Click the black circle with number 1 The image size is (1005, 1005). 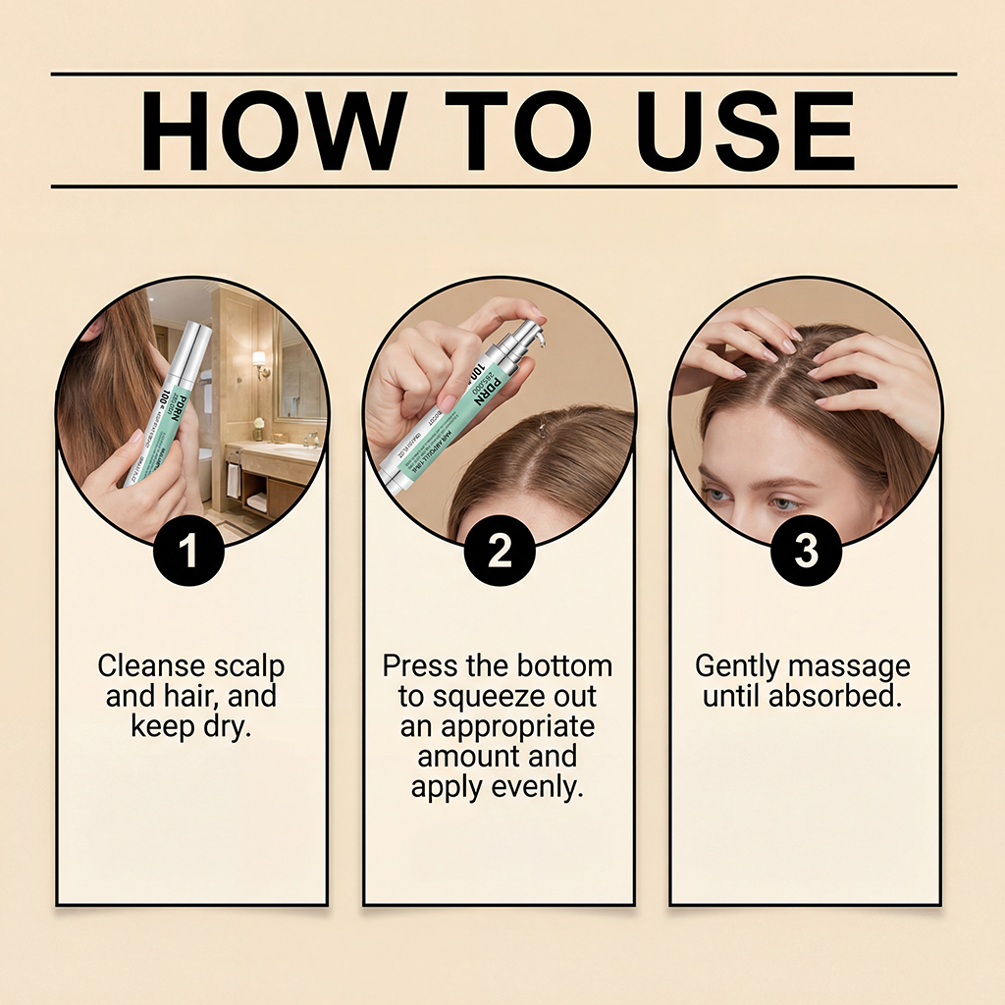189,552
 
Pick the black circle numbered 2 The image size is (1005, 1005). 500,552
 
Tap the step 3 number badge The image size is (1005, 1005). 806,552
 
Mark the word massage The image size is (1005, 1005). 850,666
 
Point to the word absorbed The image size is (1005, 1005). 843,697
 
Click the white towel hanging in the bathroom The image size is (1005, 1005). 233,480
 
